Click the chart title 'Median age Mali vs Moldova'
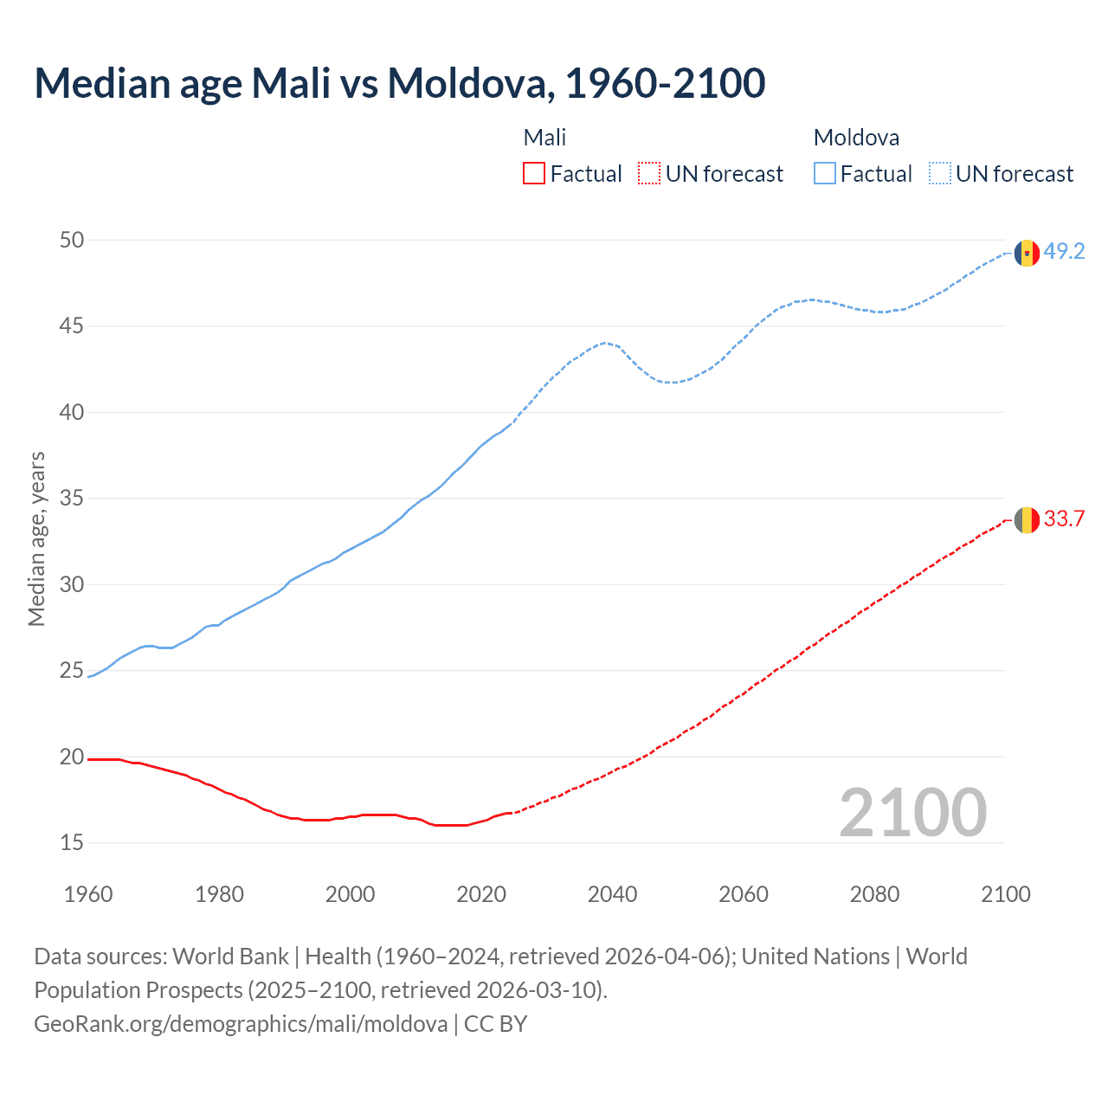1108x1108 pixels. point(399,83)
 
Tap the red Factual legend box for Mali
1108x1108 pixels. point(534,174)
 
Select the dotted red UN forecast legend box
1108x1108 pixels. point(648,174)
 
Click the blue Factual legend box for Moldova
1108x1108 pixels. point(825,174)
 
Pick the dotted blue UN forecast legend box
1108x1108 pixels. point(939,174)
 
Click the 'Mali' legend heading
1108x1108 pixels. point(544,138)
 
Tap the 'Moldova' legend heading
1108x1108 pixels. point(856,138)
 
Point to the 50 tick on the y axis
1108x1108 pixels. point(72,240)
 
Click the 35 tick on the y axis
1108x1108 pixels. point(72,499)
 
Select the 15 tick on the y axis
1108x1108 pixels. point(72,842)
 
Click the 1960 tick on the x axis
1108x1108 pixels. point(88,894)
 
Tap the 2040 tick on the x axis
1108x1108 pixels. point(612,894)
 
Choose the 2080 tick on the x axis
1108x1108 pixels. point(874,894)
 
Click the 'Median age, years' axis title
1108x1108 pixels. point(36,538)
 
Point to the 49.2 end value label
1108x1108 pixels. point(1064,252)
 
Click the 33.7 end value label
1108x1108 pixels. point(1064,519)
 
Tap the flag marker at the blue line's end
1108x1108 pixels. point(1027,253)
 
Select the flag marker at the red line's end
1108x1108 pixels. point(1027,520)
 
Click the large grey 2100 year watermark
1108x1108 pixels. point(912,812)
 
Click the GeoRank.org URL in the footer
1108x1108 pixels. point(241,1024)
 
